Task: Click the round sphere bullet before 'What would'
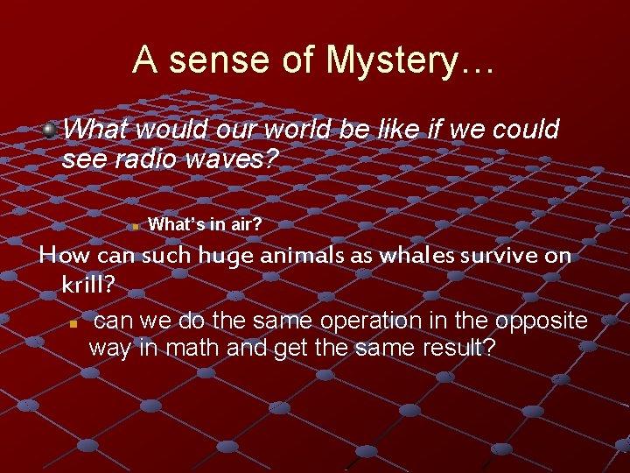point(51,130)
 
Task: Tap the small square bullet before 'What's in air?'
point(135,226)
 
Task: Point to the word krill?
point(89,285)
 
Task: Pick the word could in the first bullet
point(525,130)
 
